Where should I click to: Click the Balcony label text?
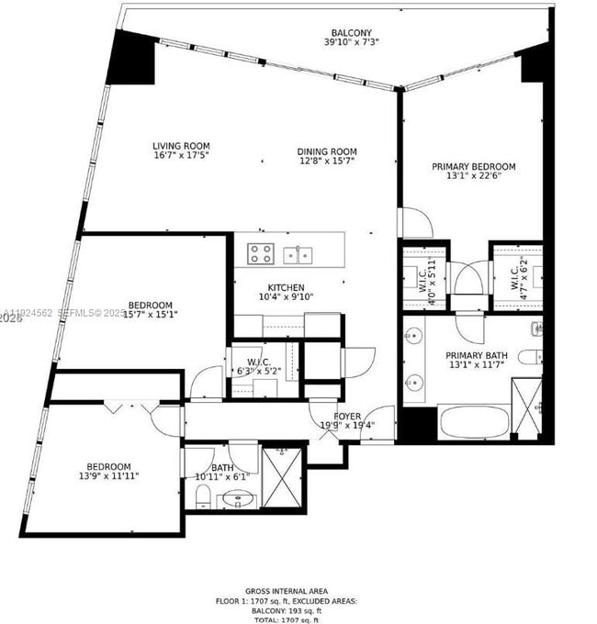click(347, 33)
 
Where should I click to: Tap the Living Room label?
click(181, 145)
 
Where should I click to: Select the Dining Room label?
click(326, 151)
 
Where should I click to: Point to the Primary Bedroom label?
click(473, 167)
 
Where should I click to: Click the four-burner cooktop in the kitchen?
click(260, 253)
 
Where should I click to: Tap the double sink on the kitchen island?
click(296, 254)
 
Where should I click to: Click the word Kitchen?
click(286, 287)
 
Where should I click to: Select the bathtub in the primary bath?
click(472, 422)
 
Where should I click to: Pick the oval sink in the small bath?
click(239, 500)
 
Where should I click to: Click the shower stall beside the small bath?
click(283, 476)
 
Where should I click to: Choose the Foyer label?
click(347, 416)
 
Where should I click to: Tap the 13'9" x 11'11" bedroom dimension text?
click(109, 476)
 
